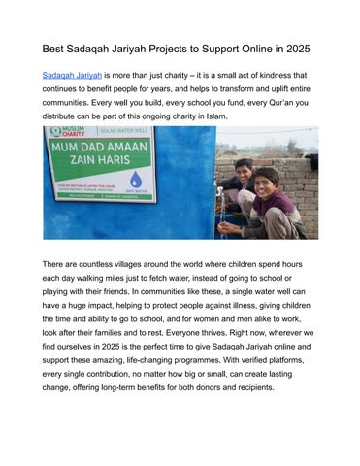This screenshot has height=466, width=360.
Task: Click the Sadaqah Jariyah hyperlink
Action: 71,75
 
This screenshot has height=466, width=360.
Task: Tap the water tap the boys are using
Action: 223,207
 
